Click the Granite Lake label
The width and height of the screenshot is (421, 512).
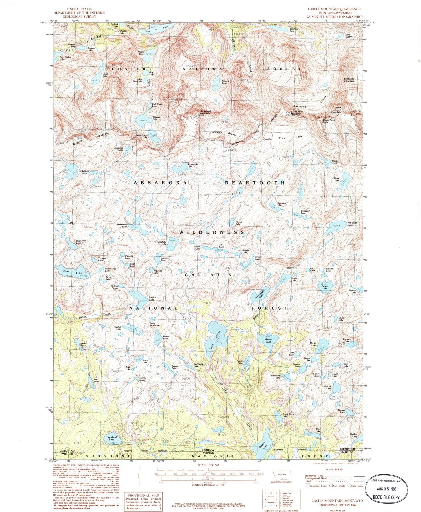pyautogui.click(x=264, y=445)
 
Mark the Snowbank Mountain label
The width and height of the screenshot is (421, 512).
pyautogui.click(x=205, y=112)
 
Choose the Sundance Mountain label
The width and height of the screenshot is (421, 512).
pyautogui.click(x=349, y=80)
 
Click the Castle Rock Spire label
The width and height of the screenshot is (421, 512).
pyautogui.click(x=329, y=121)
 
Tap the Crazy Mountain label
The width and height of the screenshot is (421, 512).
pyautogui.click(x=154, y=325)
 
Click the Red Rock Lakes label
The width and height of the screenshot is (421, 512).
pyautogui.click(x=84, y=172)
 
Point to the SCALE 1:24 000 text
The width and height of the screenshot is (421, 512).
pyautogui.click(x=208, y=465)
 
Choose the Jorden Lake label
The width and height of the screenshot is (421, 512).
pyautogui.click(x=152, y=299)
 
